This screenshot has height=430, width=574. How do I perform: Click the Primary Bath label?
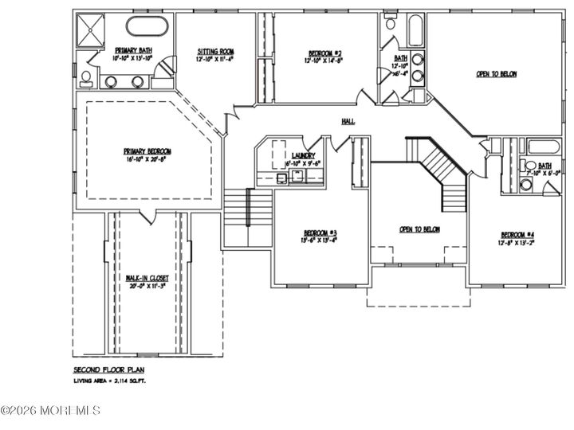132,50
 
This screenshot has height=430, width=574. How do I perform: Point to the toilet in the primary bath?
85,77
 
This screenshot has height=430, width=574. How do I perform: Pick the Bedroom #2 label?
322,52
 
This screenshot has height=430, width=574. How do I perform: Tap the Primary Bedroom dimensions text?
147,159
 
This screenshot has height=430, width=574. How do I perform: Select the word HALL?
348,121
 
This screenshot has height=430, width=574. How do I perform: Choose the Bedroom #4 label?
517,234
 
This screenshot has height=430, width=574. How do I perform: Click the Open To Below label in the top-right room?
497,74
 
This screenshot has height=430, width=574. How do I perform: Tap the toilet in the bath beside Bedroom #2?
390,24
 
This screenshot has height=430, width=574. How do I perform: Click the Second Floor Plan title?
108,370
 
